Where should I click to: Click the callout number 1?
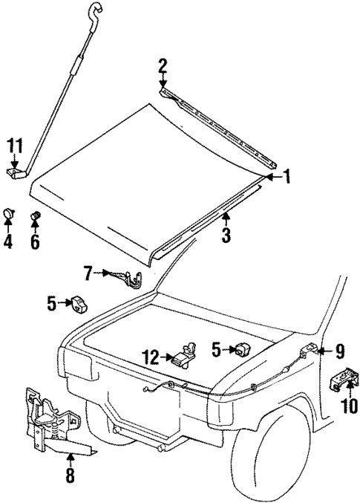(x=287, y=177)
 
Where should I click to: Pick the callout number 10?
(x=348, y=406)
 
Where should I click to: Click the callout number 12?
(x=151, y=357)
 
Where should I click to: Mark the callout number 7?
(x=88, y=274)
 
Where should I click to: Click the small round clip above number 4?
(x=9, y=215)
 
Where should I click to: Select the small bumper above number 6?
(x=34, y=217)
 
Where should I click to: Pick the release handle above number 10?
(x=344, y=383)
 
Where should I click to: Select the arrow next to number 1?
(x=271, y=177)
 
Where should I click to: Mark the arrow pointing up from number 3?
(x=226, y=219)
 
